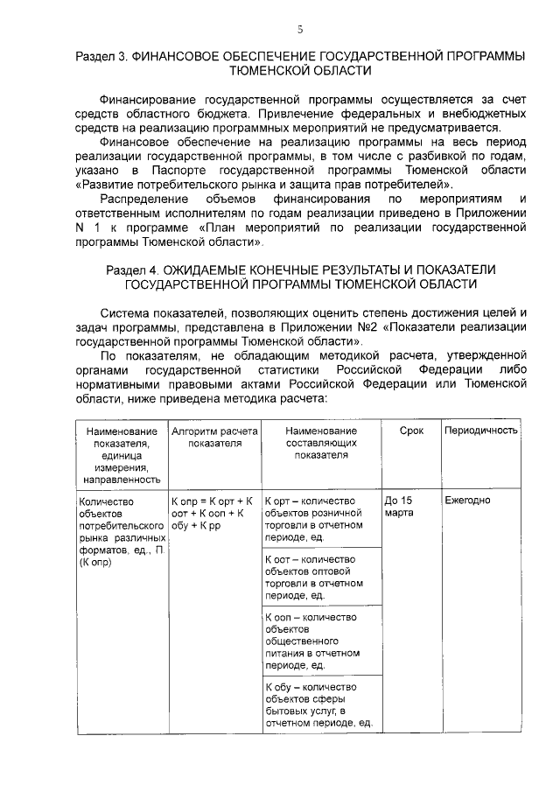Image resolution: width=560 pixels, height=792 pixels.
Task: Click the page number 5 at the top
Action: (299, 30)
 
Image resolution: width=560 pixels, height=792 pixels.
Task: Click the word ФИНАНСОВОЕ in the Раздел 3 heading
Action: (176, 56)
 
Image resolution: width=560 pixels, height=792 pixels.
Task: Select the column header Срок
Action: (411, 431)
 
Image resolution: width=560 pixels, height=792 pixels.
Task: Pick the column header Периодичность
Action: (481, 431)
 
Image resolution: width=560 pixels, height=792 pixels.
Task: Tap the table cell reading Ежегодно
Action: (467, 501)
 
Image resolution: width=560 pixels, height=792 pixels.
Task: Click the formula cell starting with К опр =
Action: (212, 513)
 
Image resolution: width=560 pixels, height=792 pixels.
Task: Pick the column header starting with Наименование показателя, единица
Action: (121, 455)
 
